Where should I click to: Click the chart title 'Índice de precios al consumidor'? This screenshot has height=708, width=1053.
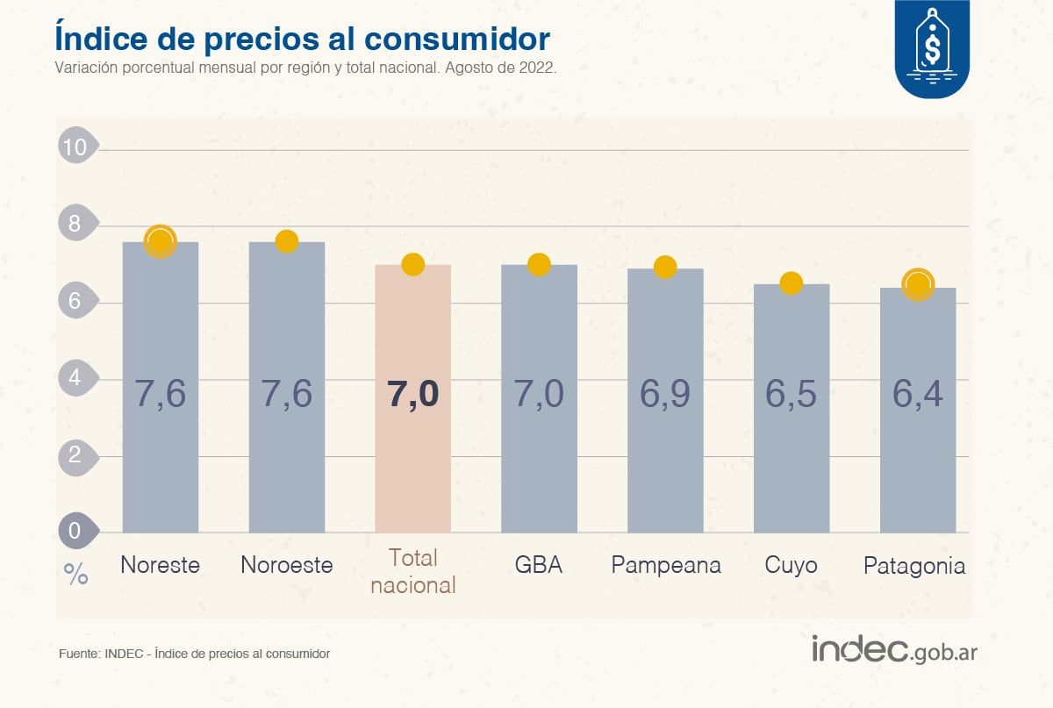302,39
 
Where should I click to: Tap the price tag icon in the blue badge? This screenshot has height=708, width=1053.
931,44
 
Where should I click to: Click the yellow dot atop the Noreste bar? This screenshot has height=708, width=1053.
161,240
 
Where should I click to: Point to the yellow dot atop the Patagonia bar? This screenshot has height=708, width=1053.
918,284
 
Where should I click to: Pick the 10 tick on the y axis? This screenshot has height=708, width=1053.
76,147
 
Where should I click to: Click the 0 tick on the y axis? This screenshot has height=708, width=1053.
75,530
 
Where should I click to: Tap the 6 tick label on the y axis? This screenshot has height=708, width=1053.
75,301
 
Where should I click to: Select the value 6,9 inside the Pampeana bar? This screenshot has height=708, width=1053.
664,395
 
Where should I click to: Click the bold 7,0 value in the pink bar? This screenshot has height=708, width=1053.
412,395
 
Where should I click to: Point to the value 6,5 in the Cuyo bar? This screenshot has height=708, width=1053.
791,395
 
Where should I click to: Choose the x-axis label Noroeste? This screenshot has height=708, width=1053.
287,565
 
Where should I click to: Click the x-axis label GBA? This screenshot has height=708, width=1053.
539,565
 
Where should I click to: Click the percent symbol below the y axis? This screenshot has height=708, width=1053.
76,575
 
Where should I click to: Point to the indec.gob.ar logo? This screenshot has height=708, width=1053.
894,650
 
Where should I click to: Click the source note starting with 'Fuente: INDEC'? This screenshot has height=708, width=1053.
194,654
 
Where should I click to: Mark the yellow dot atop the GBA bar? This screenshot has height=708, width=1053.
539,264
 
